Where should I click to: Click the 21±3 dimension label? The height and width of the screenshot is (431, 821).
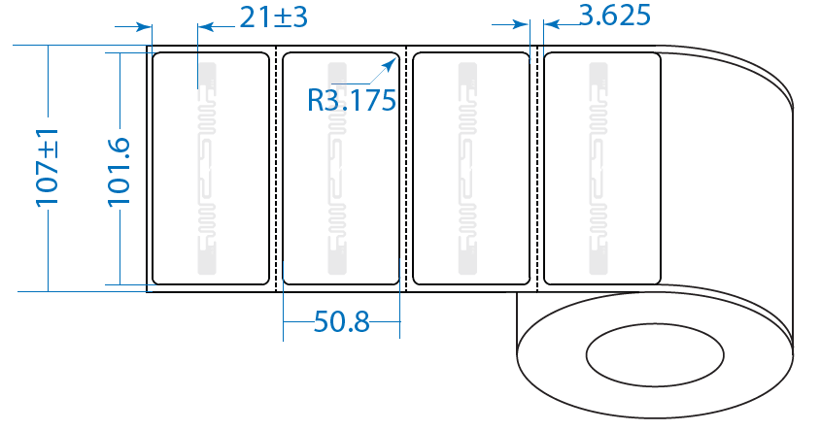273,17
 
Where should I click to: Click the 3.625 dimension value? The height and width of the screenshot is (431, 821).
615,16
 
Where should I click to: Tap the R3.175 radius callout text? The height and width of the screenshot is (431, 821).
352,100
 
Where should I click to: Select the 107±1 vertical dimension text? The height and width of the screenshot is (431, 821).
48,167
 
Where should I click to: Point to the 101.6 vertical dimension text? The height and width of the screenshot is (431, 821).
119,172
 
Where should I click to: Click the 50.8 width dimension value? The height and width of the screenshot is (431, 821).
341,321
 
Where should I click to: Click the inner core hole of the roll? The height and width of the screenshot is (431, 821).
655,355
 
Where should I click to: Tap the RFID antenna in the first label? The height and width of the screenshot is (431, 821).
207,169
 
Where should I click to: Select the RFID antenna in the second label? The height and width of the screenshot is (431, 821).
337,169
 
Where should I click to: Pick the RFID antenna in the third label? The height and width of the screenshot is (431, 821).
467,169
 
